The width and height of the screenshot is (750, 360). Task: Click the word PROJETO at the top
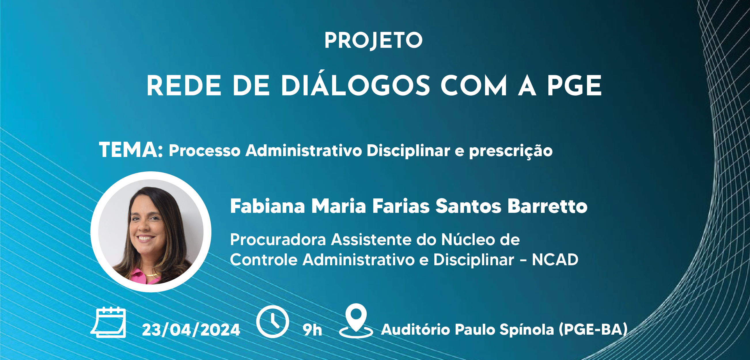pos(374,41)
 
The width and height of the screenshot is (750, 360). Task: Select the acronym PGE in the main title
pos(574,86)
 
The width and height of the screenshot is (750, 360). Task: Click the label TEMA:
pos(131,150)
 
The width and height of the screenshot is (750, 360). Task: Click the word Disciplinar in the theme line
pos(408,150)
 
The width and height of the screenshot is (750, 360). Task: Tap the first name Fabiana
pos(268,206)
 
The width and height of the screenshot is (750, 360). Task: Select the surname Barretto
pos(547,206)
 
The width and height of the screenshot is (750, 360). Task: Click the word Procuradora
pos(278,240)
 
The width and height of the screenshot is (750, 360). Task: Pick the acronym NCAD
pos(555,259)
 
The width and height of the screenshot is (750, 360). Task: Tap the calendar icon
pos(108,322)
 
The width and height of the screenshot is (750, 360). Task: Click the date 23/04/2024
pos(191,330)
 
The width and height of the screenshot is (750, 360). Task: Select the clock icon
pos(272,322)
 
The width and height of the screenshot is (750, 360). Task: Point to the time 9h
pos(312,330)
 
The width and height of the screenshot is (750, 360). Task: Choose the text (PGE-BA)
pos(593,330)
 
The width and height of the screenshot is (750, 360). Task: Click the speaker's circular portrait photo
pos(151,232)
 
